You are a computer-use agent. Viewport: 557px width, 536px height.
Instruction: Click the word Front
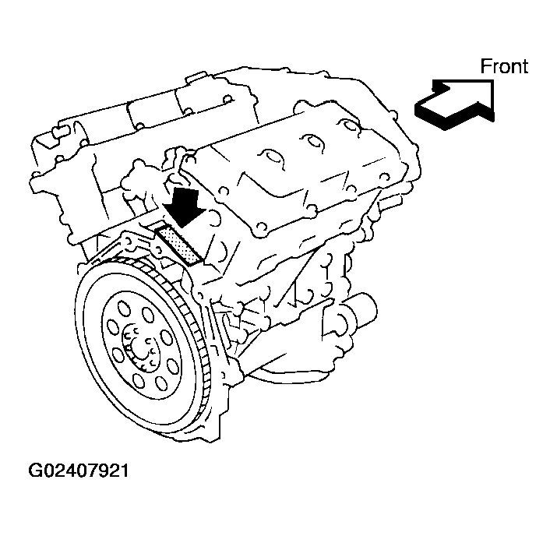(x=503, y=66)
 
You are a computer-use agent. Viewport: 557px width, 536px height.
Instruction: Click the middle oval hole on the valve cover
(x=312, y=143)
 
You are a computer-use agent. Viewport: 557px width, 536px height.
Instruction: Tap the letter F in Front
(x=485, y=67)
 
